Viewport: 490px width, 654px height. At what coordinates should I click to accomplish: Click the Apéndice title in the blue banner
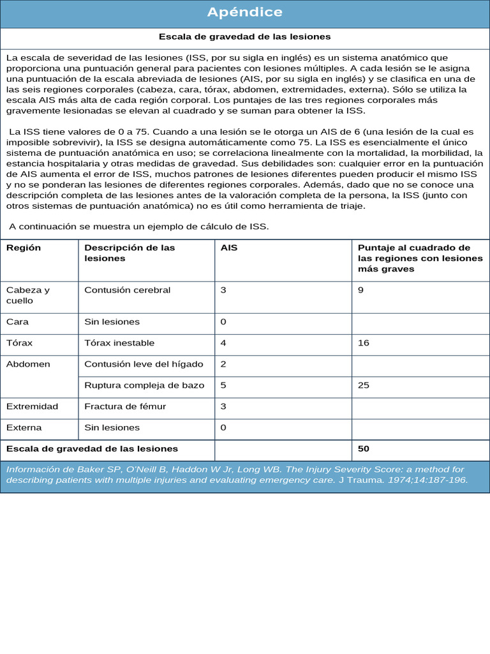click(x=245, y=13)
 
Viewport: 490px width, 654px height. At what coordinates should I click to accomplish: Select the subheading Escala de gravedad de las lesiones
click(x=245, y=37)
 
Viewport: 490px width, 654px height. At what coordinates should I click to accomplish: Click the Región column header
click(x=24, y=248)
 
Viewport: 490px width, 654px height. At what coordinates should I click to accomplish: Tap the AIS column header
click(x=229, y=248)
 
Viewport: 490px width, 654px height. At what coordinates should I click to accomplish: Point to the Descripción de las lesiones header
click(x=130, y=253)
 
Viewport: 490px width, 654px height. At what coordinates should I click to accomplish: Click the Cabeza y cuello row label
click(x=28, y=295)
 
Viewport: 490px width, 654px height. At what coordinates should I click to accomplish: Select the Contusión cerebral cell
click(x=128, y=290)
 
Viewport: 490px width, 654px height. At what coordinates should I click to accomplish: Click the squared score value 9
click(x=361, y=290)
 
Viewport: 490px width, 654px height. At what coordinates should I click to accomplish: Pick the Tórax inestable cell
click(x=119, y=343)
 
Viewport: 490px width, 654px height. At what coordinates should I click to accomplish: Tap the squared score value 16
click(x=364, y=343)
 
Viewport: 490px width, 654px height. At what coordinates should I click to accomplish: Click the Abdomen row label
click(x=28, y=364)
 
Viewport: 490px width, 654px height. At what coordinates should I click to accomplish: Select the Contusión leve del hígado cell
click(x=144, y=364)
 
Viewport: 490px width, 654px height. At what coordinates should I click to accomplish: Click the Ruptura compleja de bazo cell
click(x=144, y=385)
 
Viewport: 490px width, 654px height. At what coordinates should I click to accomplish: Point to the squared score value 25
click(x=364, y=385)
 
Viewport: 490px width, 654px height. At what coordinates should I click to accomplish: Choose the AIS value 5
click(x=223, y=385)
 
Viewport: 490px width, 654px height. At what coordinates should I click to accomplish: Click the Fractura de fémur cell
click(x=121, y=406)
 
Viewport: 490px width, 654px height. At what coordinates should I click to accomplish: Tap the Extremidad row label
click(x=32, y=406)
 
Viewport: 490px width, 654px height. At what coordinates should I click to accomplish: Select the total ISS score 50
click(x=364, y=449)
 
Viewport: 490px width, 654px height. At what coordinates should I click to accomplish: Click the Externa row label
click(x=24, y=427)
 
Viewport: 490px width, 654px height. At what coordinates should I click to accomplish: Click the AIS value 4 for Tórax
click(x=223, y=343)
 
